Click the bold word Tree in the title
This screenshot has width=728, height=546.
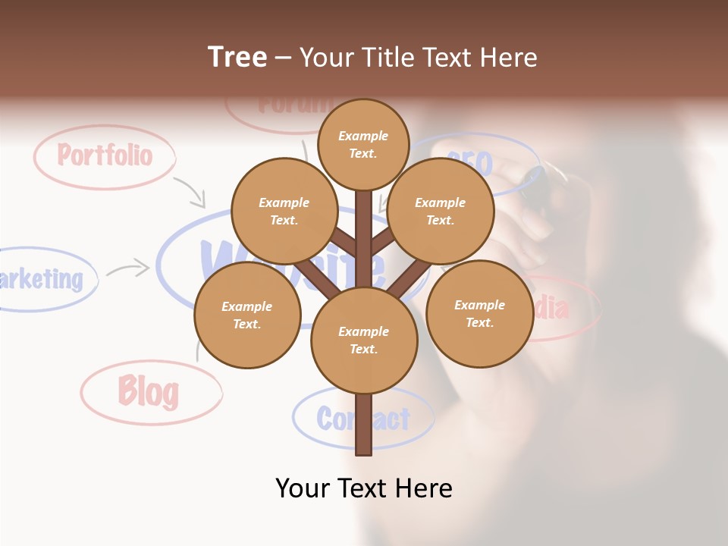pos(237,57)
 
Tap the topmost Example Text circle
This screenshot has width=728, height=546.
pos(363,144)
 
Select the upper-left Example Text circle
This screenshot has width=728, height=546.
pos(284,211)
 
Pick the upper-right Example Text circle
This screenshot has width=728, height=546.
pos(440,211)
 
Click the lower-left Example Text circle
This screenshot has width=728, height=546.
pos(246,315)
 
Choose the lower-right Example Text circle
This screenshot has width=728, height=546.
pos(479,313)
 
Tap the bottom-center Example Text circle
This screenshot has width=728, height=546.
pos(363,340)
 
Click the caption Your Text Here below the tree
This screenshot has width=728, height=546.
pos(363,488)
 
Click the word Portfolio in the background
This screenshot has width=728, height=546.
pos(105,155)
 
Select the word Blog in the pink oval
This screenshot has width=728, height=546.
pos(148,392)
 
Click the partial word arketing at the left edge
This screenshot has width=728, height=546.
pos(42,279)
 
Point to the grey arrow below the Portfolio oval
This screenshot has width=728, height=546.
pos(190,192)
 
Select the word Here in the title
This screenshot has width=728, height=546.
pos(509,57)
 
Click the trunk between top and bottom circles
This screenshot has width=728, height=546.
pos(363,243)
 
